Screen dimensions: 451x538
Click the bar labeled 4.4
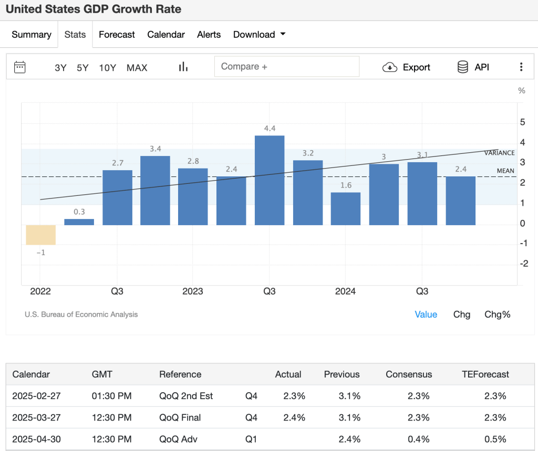(270, 180)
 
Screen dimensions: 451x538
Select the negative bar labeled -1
(41, 235)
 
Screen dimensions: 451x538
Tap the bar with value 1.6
(346, 208)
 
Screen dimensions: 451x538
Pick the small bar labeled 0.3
(79, 222)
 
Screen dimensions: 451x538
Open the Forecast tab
(117, 35)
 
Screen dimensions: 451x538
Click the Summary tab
(32, 35)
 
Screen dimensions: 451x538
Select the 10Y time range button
(107, 68)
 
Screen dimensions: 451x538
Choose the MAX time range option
(137, 68)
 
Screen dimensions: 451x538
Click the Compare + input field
(287, 67)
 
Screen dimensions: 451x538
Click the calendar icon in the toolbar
(20, 67)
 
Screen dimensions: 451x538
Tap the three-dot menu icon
(521, 67)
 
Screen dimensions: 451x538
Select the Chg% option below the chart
(498, 314)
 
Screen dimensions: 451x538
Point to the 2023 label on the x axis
(193, 291)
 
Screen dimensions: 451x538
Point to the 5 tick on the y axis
(522, 122)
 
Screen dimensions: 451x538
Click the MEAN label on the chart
(505, 171)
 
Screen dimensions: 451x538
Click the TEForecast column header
(485, 374)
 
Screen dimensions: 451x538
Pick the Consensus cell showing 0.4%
(418, 439)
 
